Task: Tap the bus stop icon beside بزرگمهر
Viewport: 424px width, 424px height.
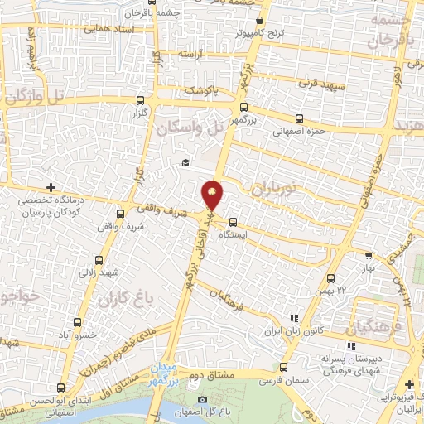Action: point(243,106)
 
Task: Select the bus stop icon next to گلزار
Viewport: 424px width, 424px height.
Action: point(138,100)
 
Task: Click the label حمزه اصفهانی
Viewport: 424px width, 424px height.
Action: point(295,129)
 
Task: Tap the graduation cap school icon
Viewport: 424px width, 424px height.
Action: point(185,163)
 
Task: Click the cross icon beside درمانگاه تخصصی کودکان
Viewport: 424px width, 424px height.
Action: point(51,187)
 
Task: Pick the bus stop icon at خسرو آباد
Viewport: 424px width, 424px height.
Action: point(78,322)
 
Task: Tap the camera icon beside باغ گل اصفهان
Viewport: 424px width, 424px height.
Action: point(203,401)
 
